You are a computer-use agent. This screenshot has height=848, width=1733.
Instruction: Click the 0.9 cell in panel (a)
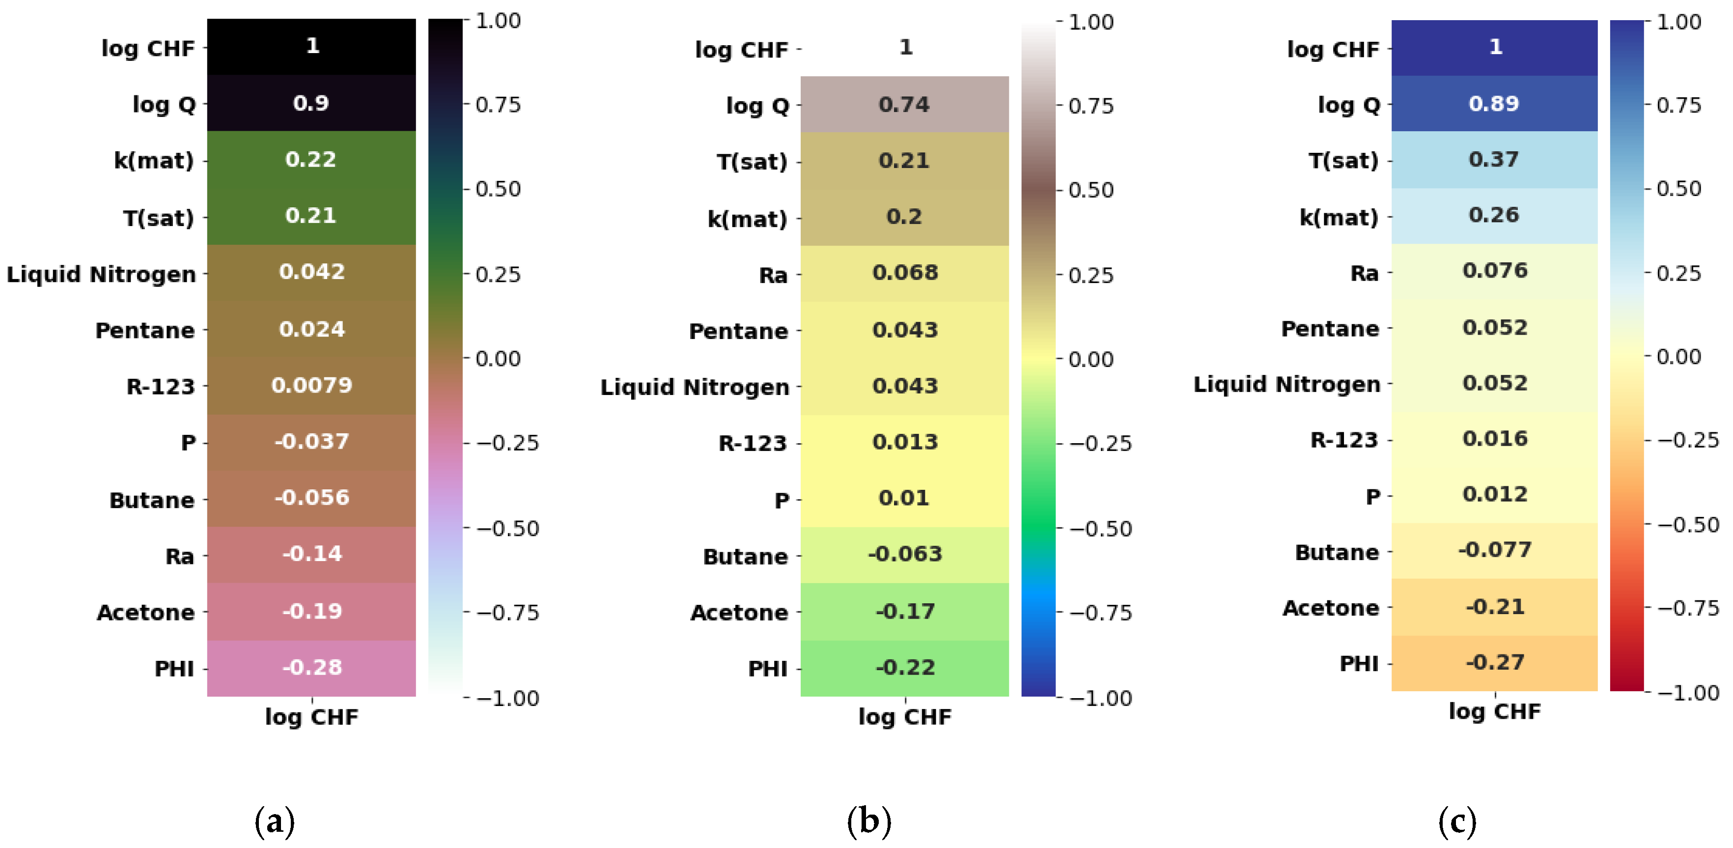[x=311, y=103]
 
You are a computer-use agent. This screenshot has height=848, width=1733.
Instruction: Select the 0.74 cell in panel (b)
[x=904, y=104]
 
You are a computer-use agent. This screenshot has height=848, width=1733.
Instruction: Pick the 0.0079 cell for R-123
[x=311, y=385]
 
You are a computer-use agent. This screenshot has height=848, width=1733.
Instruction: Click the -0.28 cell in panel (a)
[x=311, y=667]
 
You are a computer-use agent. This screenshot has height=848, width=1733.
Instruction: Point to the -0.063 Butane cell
[x=904, y=554]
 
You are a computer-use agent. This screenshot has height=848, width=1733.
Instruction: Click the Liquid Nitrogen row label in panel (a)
[x=101, y=275]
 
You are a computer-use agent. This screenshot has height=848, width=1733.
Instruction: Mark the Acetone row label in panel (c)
[x=1331, y=608]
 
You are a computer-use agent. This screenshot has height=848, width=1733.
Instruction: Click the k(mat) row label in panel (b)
[x=747, y=219]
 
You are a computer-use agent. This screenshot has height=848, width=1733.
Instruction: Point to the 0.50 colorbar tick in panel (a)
[x=498, y=189]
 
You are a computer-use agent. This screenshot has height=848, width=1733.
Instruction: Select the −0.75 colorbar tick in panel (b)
[x=1100, y=613]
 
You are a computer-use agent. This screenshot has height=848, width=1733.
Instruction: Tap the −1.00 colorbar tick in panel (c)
[x=1688, y=693]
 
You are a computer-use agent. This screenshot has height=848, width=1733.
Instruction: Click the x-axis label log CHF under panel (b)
[x=904, y=717]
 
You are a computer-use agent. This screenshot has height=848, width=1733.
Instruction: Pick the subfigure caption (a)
[x=275, y=821]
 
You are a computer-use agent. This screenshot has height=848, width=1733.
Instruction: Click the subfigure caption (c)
[x=1457, y=821]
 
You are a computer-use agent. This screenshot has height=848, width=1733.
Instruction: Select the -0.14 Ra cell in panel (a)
[x=311, y=554]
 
